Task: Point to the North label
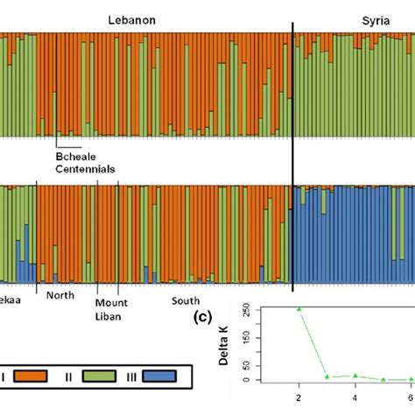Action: coord(60,295)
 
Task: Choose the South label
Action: coord(185,300)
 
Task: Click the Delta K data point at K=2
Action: coord(300,309)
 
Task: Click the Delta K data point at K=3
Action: coord(327,376)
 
